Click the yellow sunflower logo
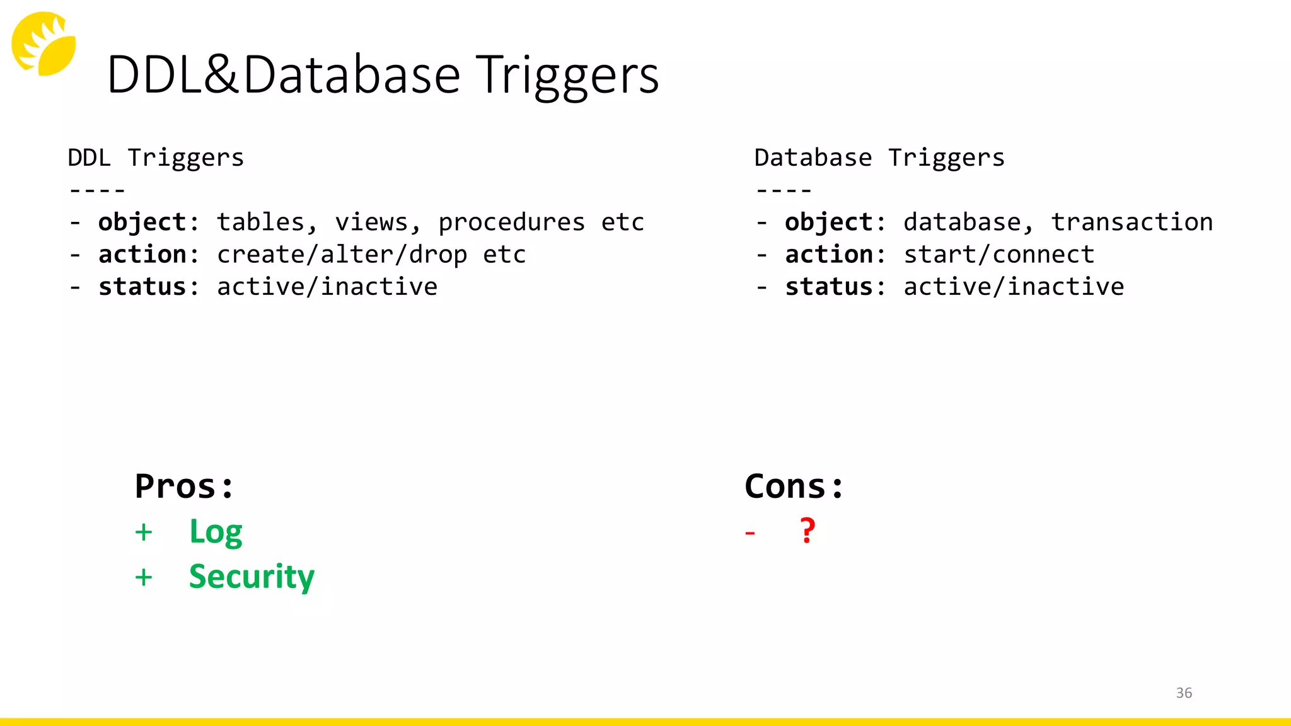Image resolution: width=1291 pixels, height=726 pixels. pyautogui.click(x=43, y=43)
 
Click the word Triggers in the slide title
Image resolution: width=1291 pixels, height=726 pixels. pyautogui.click(x=567, y=76)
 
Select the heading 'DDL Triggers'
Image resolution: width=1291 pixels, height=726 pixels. pyautogui.click(x=155, y=158)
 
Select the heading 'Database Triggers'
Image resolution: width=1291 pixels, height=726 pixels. pyautogui.click(x=879, y=158)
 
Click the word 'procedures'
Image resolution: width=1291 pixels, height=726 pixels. pyautogui.click(x=511, y=222)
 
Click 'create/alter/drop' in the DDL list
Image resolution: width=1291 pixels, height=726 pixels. pyautogui.click(x=342, y=255)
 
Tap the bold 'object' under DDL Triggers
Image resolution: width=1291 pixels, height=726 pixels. pyautogui.click(x=142, y=222)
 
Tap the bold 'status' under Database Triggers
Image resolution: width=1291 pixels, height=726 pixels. pyautogui.click(x=828, y=287)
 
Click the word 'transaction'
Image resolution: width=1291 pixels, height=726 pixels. pyautogui.click(x=1132, y=222)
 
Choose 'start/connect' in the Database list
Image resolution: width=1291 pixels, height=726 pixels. pyautogui.click(x=999, y=255)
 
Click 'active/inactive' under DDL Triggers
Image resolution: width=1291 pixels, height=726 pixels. pyautogui.click(x=327, y=287)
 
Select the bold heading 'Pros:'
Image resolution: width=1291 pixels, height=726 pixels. pyautogui.click(x=184, y=487)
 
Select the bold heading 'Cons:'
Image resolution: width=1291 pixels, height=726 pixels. pyautogui.click(x=794, y=487)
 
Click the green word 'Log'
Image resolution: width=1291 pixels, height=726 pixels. pyautogui.click(x=216, y=532)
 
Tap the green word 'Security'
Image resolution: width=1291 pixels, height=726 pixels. pyautogui.click(x=252, y=577)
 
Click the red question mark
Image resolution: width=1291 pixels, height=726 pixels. pyautogui.click(x=808, y=531)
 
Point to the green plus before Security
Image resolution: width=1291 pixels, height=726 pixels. pyautogui.click(x=144, y=577)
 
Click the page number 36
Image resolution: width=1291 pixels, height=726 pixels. pyautogui.click(x=1184, y=693)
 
